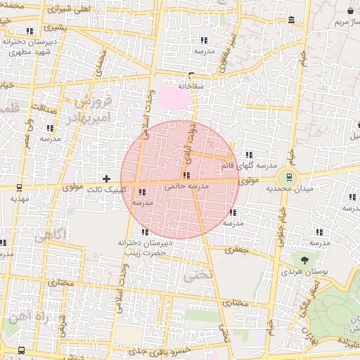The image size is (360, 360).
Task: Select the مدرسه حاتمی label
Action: click(186, 187)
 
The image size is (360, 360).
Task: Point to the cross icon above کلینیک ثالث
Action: click(106, 179)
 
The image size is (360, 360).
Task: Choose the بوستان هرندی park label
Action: click(302, 271)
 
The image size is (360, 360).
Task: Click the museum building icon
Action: click(292, 19)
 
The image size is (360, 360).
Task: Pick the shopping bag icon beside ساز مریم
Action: click(351, 11)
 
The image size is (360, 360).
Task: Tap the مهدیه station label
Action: click(19, 199)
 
